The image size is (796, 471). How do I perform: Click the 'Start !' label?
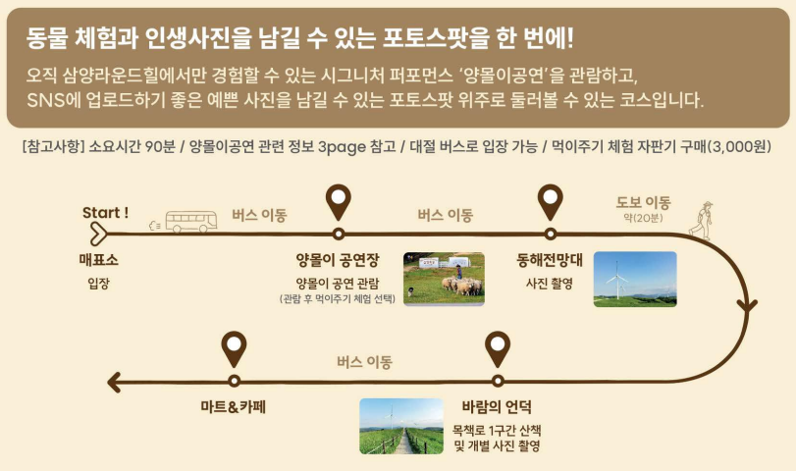click(105, 213)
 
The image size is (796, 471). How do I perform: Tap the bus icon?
click(190, 222)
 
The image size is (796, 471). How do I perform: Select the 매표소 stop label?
click(98, 260)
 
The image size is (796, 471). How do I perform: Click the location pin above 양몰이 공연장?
click(339, 202)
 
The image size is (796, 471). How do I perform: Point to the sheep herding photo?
click(444, 279)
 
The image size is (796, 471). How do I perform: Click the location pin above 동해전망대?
click(551, 202)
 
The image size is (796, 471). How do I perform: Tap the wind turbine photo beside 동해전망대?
click(635, 279)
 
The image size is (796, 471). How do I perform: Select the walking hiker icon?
click(701, 220)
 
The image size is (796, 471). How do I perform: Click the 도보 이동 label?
click(643, 202)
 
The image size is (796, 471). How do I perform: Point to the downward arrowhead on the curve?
click(747, 305)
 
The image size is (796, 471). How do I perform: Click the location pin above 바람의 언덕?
click(498, 349)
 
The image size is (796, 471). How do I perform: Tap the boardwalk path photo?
click(401, 426)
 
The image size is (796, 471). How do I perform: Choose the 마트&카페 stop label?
click(234, 406)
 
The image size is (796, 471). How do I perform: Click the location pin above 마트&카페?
click(234, 349)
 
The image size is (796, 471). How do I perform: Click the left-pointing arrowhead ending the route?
click(114, 382)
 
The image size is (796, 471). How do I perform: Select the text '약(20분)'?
click(643, 218)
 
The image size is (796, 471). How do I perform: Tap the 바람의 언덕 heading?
click(497, 406)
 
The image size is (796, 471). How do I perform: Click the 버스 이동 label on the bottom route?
click(364, 362)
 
